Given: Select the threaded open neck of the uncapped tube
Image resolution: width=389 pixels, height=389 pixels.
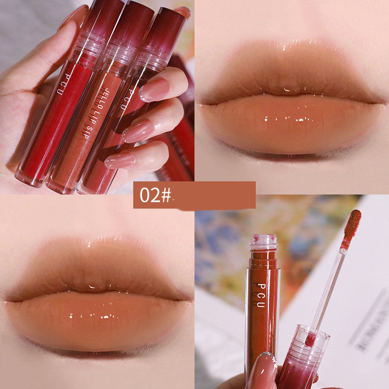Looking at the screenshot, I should [x=264, y=243].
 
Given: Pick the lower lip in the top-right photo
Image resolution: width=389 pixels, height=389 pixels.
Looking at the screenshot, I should [x=292, y=126].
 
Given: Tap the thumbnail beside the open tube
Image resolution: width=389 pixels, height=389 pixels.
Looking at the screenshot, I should [x=262, y=370].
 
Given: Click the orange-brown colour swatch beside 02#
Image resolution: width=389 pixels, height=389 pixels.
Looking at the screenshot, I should [x=214, y=195].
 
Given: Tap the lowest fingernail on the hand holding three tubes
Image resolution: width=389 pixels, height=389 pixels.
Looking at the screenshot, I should [x=120, y=160].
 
